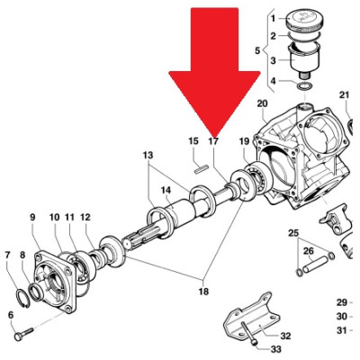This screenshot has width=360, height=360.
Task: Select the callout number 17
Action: click(x=213, y=141)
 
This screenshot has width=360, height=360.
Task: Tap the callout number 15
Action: click(x=193, y=141)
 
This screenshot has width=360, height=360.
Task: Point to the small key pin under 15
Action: click(x=201, y=169)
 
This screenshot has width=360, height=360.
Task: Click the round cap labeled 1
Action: click(x=304, y=20)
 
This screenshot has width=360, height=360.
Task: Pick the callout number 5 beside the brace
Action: click(x=257, y=50)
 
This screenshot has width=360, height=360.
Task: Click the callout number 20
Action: click(x=262, y=103)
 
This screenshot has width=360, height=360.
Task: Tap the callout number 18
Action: click(x=203, y=292)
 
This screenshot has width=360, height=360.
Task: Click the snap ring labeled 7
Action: click(x=22, y=298)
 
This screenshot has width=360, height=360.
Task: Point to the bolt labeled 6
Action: click(x=24, y=335)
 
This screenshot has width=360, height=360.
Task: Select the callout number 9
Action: click(x=32, y=217)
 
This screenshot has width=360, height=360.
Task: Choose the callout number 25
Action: click(x=293, y=233)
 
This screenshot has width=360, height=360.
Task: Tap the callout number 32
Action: click(x=285, y=336)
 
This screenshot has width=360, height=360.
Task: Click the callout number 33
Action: click(x=275, y=349)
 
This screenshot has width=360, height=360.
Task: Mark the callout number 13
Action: click(x=148, y=156)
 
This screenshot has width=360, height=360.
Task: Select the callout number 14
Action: click(x=166, y=190)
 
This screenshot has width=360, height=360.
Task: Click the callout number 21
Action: click(x=345, y=95)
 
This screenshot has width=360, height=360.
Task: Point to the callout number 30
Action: click(x=341, y=317)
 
